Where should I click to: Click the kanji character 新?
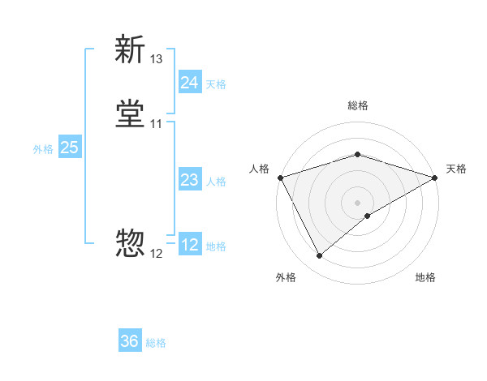[130, 49]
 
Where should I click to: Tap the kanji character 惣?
[130, 242]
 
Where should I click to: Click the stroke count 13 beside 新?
[157, 59]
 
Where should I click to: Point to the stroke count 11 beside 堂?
[157, 124]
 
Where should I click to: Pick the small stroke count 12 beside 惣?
[157, 254]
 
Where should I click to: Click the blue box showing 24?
[189, 83]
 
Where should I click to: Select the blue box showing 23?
[189, 180]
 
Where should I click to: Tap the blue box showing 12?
[189, 245]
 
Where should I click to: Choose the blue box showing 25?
[69, 148]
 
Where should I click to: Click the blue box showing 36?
[130, 341]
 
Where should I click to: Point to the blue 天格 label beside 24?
[216, 84]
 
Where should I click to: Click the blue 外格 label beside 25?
[42, 149]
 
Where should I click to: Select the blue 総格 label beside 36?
[156, 343]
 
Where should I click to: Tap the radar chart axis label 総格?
[357, 105]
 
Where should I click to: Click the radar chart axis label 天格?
[457, 169]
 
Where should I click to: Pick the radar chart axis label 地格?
[425, 277]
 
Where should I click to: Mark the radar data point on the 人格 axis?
[280, 177]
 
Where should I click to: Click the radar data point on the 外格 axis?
[319, 256]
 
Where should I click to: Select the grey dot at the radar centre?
[357, 202]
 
